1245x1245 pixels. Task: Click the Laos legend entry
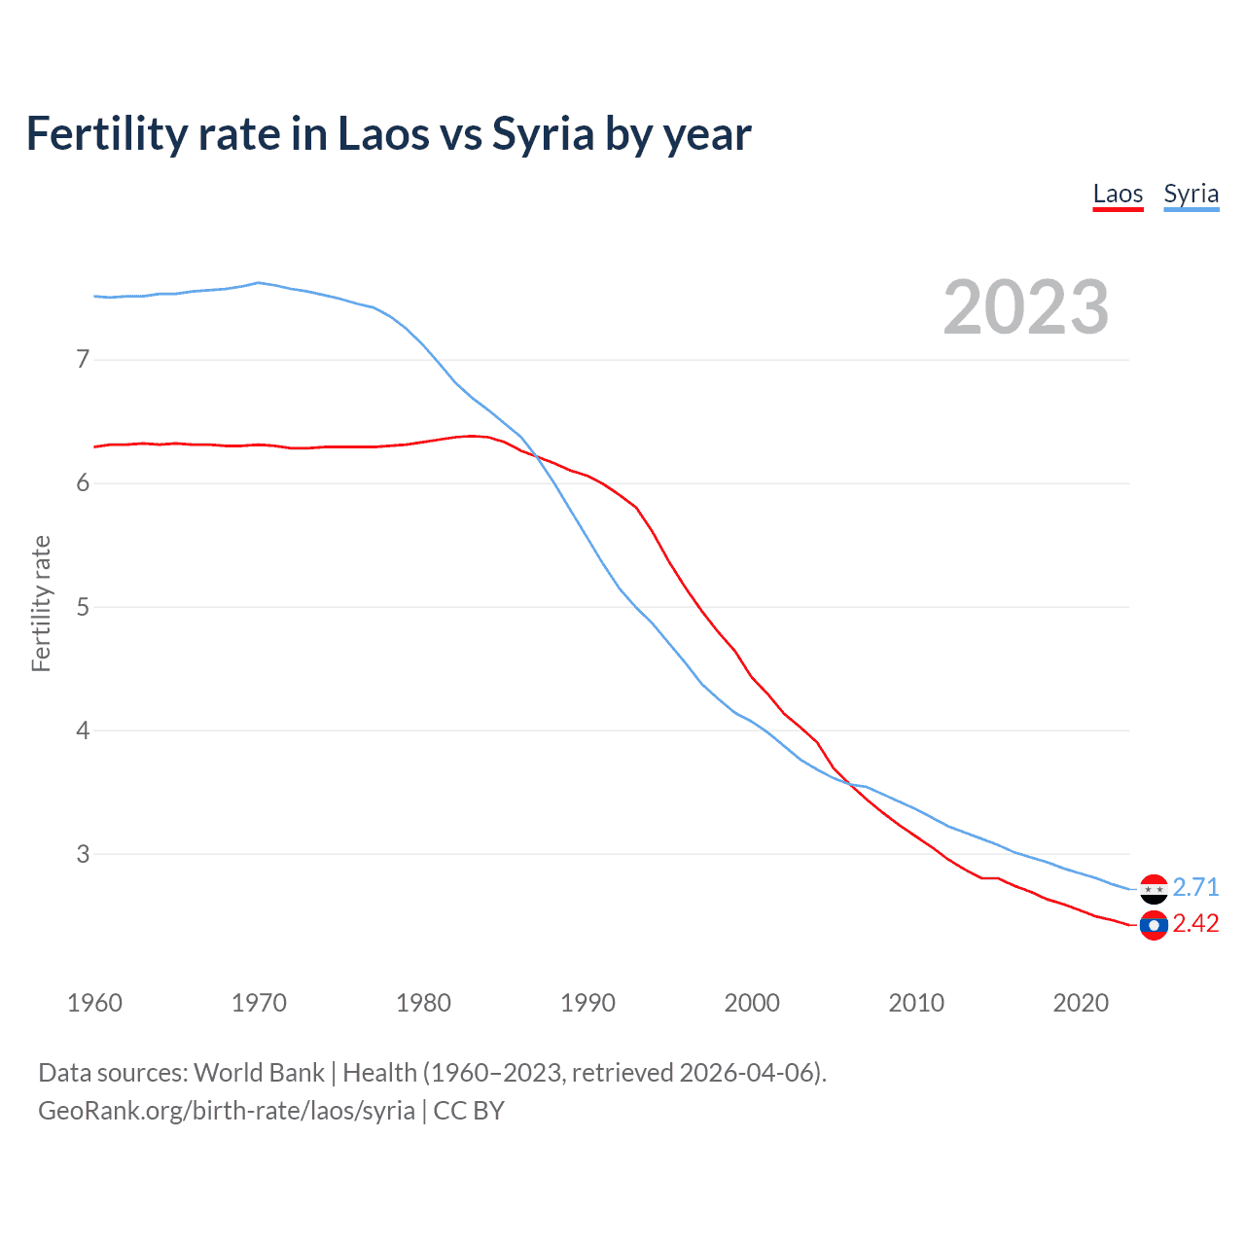[1118, 194]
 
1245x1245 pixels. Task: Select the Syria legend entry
[1191, 194]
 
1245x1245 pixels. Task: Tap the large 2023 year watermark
[1025, 307]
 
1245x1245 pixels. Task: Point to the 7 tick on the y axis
[83, 360]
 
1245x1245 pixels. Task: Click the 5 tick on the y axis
[83, 607]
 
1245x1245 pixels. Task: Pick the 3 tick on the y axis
[83, 854]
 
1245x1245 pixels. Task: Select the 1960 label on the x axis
[94, 1003]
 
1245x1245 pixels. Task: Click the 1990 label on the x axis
[587, 1003]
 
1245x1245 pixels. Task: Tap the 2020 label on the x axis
[1081, 1003]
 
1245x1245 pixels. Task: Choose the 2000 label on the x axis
[752, 1003]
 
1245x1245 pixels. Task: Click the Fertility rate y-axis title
[41, 603]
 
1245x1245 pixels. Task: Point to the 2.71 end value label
[1195, 887]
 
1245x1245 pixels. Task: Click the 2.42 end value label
[1195, 923]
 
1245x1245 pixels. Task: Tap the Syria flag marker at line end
[1154, 889]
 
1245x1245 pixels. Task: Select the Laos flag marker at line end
[1154, 925]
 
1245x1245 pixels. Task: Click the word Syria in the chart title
[542, 133]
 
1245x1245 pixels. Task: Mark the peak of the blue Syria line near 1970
[258, 283]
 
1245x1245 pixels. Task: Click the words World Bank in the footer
[259, 1073]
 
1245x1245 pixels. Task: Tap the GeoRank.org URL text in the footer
[227, 1110]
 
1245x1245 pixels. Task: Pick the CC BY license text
[469, 1110]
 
